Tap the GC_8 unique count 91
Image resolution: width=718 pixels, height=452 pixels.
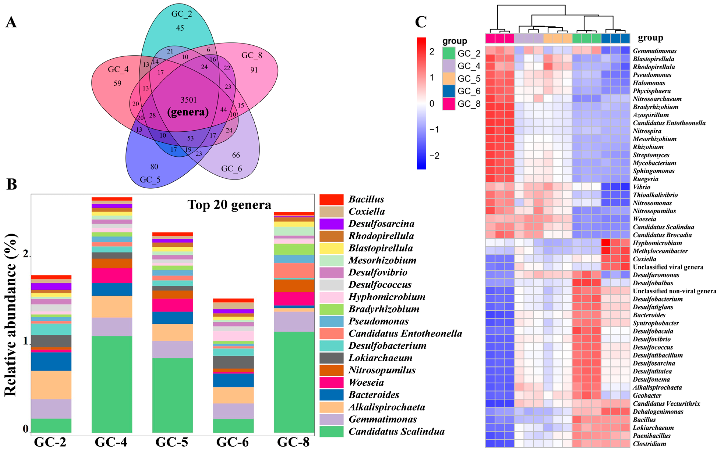click(254, 70)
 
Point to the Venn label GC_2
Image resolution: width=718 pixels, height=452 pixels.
click(182, 14)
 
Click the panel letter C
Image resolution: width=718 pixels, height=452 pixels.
click(421, 22)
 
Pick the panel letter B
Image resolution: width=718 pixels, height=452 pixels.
click(12, 184)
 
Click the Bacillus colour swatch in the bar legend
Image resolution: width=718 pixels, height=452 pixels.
click(331, 199)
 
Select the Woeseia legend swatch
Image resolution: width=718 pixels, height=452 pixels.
click(331, 382)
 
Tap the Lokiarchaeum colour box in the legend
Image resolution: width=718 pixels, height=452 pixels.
click(331, 358)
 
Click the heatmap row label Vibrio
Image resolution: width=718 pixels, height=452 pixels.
click(641, 187)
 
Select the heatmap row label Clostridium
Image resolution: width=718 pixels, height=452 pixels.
click(649, 444)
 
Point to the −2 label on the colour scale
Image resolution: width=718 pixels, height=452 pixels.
click(434, 156)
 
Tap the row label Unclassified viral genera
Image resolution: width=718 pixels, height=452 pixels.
click(668, 267)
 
